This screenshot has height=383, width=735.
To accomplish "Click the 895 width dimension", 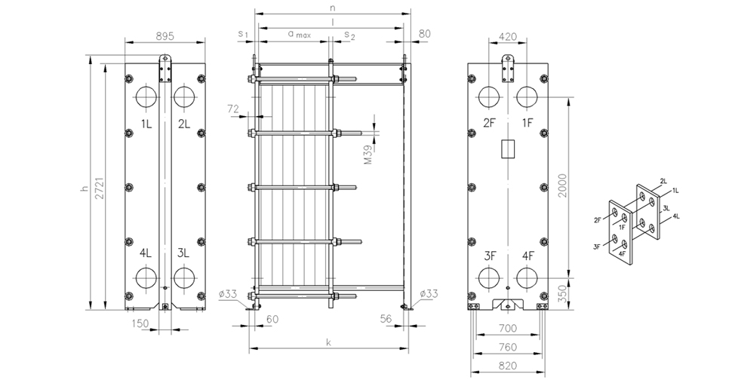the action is [x=165, y=36].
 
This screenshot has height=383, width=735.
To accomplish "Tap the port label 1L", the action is [x=146, y=123].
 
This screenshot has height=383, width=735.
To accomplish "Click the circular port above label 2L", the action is [x=184, y=96].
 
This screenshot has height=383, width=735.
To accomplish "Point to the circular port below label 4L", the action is [x=146, y=277].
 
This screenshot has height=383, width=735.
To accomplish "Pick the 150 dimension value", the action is [x=140, y=323].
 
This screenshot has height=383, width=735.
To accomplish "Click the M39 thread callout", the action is [x=368, y=155].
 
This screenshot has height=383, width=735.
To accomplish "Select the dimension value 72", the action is [x=233, y=109].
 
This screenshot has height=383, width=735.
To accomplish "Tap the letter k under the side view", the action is [x=328, y=342].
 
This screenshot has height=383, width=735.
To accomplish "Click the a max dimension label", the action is [x=299, y=34].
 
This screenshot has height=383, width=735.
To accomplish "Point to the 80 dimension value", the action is [x=424, y=33].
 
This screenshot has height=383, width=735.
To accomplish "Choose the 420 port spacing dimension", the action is [x=508, y=36].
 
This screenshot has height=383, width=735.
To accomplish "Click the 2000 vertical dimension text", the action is [x=562, y=185].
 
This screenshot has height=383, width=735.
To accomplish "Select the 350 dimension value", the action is [x=562, y=293].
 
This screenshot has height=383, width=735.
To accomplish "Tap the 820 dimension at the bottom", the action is [x=508, y=366].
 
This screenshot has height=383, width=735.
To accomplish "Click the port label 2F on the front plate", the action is [x=490, y=123].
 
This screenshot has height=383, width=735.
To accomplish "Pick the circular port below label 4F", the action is [x=527, y=278].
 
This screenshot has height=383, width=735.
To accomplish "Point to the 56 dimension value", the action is [x=386, y=319].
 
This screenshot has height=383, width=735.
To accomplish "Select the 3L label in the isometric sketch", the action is [x=666, y=207].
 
